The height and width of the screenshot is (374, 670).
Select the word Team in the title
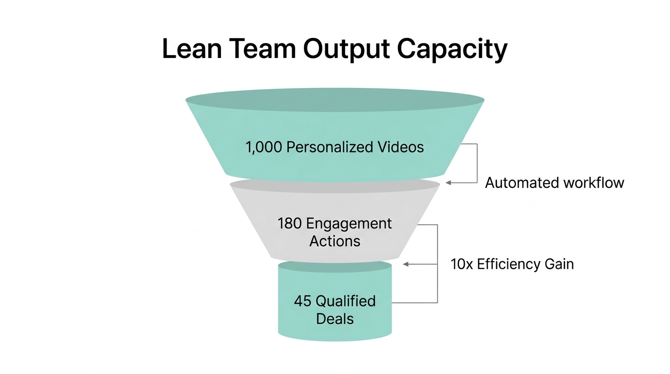(x=261, y=50)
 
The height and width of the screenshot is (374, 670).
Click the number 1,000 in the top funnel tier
(x=264, y=147)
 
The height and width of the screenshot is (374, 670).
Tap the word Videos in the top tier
(x=403, y=147)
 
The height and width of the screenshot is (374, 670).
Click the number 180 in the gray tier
(x=290, y=224)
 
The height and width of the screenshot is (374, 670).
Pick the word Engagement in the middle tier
(x=349, y=224)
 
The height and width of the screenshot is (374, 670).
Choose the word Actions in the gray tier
(x=335, y=241)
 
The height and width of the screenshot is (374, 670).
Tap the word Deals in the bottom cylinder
(x=335, y=319)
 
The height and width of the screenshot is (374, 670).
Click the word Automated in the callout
(x=521, y=183)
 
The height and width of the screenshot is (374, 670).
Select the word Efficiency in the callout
(x=509, y=264)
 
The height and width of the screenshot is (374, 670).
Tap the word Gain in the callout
(x=560, y=264)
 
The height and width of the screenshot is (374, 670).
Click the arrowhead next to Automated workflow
(x=448, y=183)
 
